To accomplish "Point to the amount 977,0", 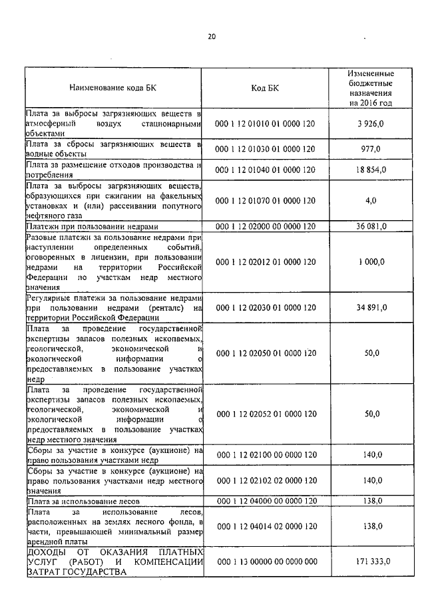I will coord(371,149).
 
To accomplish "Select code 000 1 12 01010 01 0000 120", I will coord(265,124).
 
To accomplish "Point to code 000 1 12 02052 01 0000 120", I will coord(265,414).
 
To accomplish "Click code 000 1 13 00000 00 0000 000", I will coord(265,562).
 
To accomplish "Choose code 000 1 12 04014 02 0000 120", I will coord(265,526).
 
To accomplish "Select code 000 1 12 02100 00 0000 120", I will coord(265,455).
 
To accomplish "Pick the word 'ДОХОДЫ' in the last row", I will coord(45,553).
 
